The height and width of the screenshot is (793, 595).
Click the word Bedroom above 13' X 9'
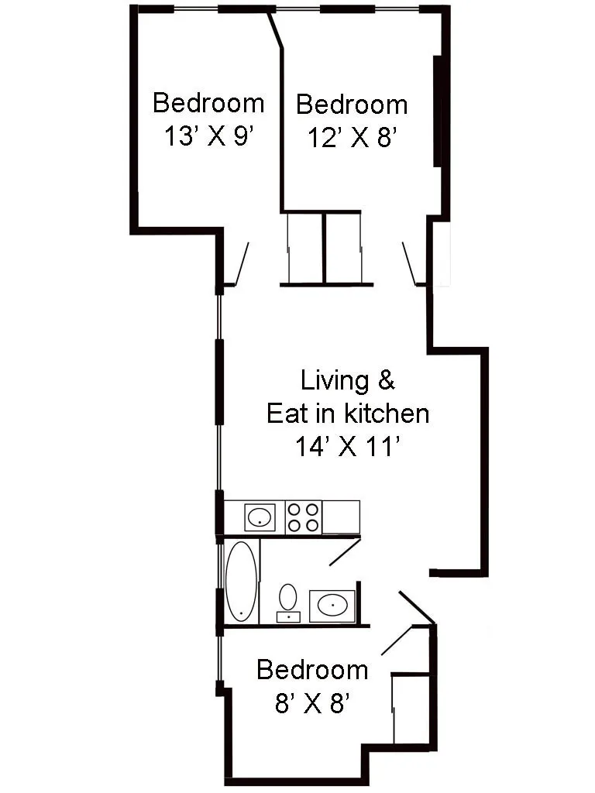tap(208, 102)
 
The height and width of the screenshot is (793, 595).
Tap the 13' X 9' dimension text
tap(208, 136)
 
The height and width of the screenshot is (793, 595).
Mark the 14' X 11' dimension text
tap(347, 446)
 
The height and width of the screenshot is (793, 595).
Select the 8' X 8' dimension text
tap(312, 703)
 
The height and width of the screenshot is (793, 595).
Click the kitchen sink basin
tap(260, 516)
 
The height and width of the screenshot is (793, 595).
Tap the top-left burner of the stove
tap(295, 510)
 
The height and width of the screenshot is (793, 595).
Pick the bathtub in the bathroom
tap(241, 582)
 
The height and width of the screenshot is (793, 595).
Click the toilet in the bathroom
tap(288, 600)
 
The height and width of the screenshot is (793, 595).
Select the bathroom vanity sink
tap(332, 605)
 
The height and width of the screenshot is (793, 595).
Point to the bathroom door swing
tap(344, 552)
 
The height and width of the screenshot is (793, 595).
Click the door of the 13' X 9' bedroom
tap(241, 264)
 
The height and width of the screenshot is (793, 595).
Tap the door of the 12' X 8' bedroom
tap(409, 264)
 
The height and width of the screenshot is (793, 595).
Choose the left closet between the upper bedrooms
tap(305, 248)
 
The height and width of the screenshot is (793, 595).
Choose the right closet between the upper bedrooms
tap(343, 248)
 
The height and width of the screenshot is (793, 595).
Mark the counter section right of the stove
tap(341, 517)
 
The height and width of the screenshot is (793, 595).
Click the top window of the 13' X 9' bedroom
tap(196, 9)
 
